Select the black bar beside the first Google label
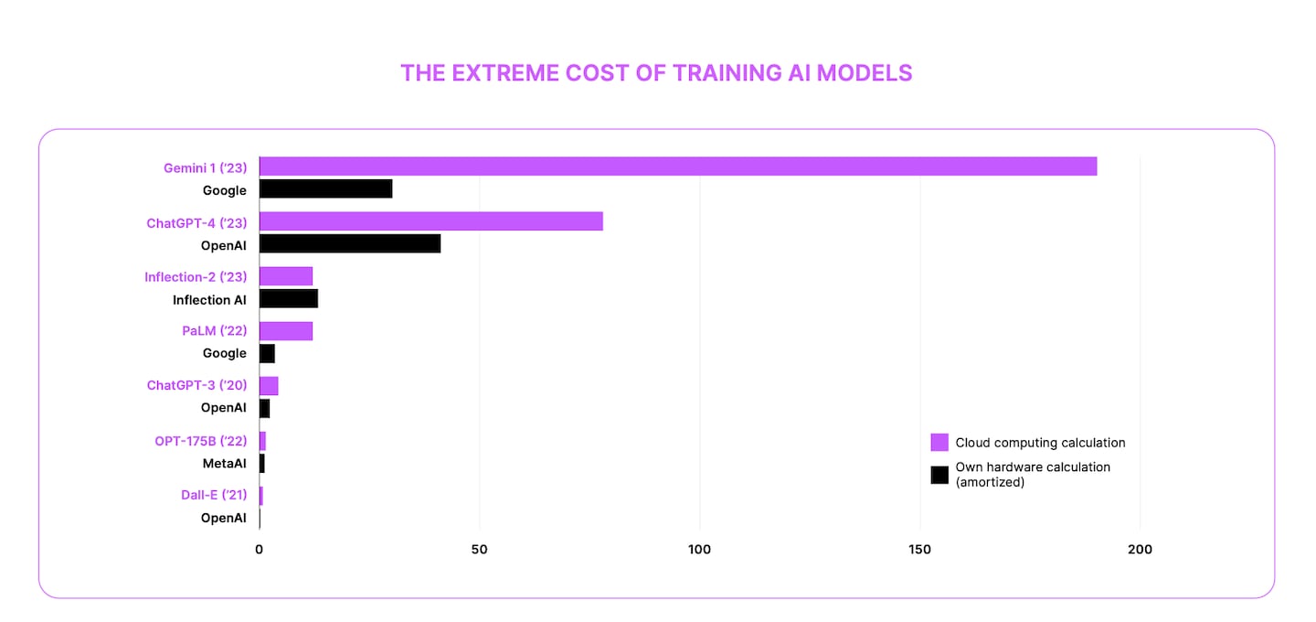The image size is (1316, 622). click(326, 189)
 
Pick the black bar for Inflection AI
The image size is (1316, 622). click(289, 299)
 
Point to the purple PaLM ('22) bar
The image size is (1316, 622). click(286, 331)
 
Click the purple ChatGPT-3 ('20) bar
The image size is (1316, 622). click(269, 386)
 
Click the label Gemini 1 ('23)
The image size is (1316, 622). click(205, 167)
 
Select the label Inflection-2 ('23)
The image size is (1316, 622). click(196, 277)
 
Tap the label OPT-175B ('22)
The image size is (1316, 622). click(200, 441)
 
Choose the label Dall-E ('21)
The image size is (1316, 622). click(214, 495)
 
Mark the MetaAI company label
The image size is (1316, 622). click(224, 464)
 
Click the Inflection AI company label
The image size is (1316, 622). click(209, 300)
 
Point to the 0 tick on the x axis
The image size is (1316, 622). click(260, 550)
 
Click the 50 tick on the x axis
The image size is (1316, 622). click(480, 550)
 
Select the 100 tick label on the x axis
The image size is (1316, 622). click(700, 550)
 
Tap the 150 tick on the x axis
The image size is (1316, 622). click(920, 550)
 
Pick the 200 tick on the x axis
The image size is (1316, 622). click(1140, 550)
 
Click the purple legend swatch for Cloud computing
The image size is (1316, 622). click(939, 443)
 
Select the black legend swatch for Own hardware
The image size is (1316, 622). click(939, 475)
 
